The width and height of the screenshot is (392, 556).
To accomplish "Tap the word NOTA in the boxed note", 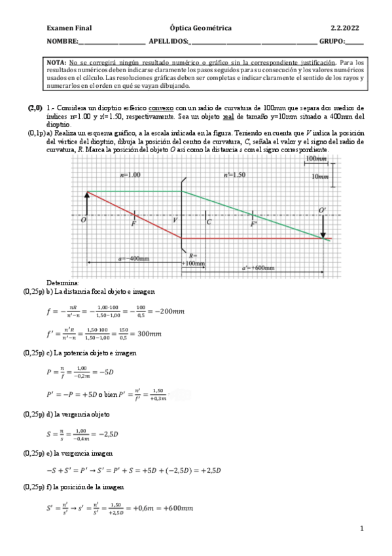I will (56, 62).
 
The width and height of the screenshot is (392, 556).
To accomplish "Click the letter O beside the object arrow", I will (83, 220).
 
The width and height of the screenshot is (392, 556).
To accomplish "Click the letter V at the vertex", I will (175, 220).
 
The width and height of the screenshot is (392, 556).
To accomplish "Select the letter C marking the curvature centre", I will (209, 222).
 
